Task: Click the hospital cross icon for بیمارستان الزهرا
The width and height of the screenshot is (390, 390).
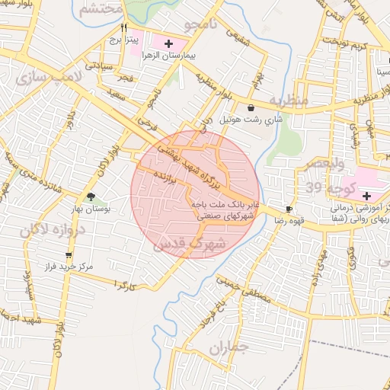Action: pyautogui.click(x=168, y=44)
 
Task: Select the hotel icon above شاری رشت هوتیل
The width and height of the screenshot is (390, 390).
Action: pyautogui.click(x=251, y=108)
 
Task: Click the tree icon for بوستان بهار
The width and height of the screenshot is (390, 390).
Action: pyautogui.click(x=91, y=197)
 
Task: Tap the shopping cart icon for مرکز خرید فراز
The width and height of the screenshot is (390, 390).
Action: pyautogui.click(x=69, y=255)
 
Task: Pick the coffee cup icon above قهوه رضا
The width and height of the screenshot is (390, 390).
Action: pyautogui.click(x=289, y=209)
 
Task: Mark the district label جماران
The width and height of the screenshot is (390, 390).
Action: pyautogui.click(x=229, y=348)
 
